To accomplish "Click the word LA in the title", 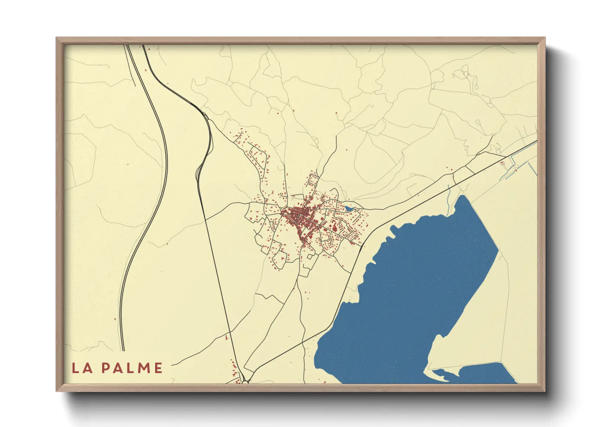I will point(80,368).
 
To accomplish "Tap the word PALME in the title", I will point(132,368).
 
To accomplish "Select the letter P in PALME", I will point(106,368).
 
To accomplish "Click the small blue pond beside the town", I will point(348,209).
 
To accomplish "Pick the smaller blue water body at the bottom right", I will point(485,373).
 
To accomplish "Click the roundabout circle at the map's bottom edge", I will point(245,381).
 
